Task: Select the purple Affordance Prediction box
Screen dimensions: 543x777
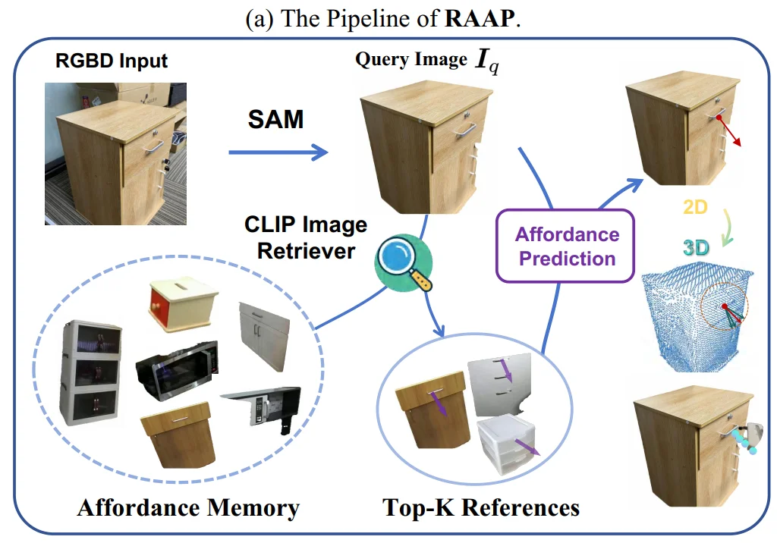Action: pos(567,246)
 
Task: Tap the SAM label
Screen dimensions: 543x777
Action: pos(276,118)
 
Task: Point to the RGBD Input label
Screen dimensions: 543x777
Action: pos(112,60)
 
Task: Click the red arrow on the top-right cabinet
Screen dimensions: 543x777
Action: pos(731,133)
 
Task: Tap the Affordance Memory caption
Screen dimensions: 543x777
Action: pos(188,507)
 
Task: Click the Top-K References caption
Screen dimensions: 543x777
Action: pos(481,507)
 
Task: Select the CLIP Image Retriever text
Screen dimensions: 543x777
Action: pos(306,237)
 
